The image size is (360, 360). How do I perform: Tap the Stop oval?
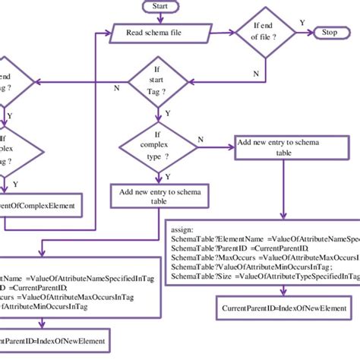330,33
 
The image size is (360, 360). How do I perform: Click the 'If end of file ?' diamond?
261,33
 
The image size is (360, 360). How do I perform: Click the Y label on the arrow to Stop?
302,23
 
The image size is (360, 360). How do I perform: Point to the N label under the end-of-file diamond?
254,73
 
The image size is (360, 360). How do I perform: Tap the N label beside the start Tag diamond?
116,88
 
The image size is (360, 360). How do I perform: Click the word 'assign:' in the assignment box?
185,227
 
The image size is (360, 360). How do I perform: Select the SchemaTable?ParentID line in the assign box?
239,248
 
